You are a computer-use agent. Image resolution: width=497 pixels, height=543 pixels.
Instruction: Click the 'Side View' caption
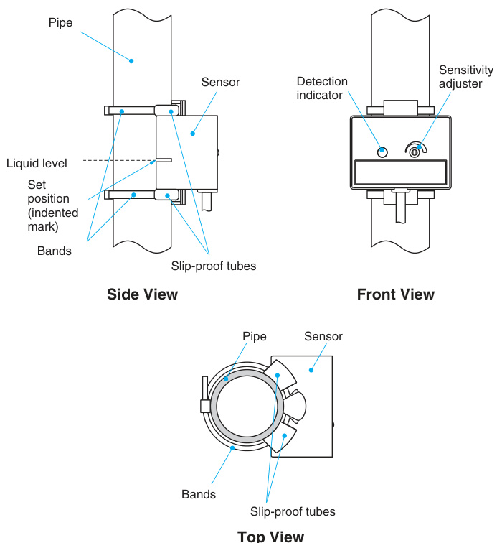(142, 294)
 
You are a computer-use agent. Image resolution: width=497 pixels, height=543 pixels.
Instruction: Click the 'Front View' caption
(395, 294)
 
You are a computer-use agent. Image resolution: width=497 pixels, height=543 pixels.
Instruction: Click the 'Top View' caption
(270, 536)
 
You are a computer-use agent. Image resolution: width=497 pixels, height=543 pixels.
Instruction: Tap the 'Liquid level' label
(37, 163)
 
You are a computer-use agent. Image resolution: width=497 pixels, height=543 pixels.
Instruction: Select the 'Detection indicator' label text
(322, 88)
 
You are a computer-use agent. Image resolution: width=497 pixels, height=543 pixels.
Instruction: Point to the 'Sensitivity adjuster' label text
(465, 77)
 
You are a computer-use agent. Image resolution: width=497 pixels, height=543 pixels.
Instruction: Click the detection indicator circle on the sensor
(382, 152)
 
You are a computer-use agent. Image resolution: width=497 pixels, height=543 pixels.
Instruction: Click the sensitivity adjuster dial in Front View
(415, 150)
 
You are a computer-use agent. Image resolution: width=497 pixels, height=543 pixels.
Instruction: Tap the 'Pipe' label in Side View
(60, 23)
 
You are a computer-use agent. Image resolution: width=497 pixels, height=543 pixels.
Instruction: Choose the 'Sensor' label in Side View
(220, 82)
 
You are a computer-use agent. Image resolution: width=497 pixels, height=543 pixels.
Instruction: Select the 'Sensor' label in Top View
(323, 336)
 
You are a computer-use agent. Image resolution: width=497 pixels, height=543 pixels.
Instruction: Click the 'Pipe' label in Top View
(254, 336)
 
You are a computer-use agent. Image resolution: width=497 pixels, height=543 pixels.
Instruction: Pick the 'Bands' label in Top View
(199, 494)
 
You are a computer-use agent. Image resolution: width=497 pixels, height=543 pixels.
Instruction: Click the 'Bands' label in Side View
(55, 251)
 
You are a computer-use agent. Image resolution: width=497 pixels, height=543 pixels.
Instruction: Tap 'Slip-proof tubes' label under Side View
(213, 266)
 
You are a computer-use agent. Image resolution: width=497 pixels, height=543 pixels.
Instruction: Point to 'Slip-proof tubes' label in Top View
(293, 511)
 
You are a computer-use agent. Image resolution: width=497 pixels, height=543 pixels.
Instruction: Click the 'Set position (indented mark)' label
(49, 205)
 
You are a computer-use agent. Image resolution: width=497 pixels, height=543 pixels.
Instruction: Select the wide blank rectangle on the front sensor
(401, 172)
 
